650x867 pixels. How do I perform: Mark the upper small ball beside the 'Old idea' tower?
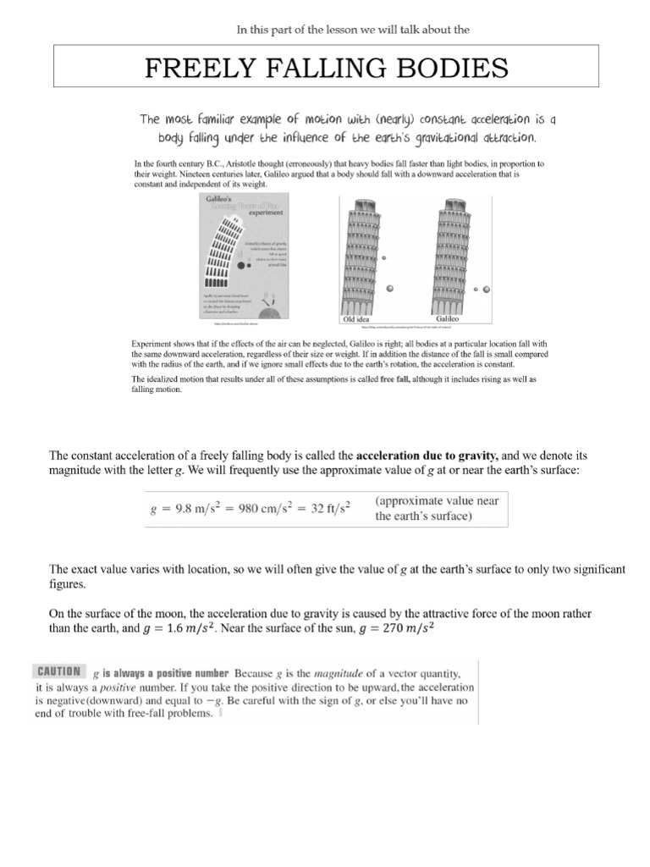tap(384, 257)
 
